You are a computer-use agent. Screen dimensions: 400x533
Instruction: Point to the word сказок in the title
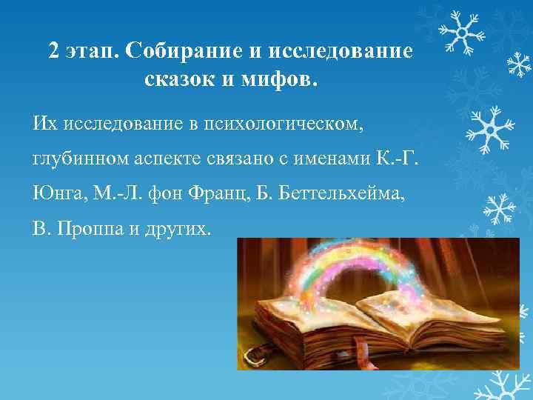[181, 79]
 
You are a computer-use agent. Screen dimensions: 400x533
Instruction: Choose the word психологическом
[297, 120]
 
